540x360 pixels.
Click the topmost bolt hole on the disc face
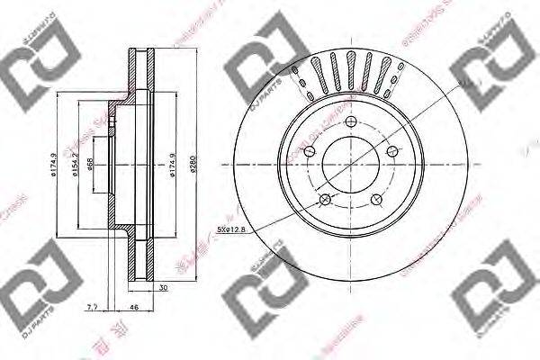(354, 126)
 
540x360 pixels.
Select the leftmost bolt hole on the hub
(310, 152)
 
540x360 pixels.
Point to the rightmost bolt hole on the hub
(391, 154)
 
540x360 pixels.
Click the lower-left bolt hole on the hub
(325, 200)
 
